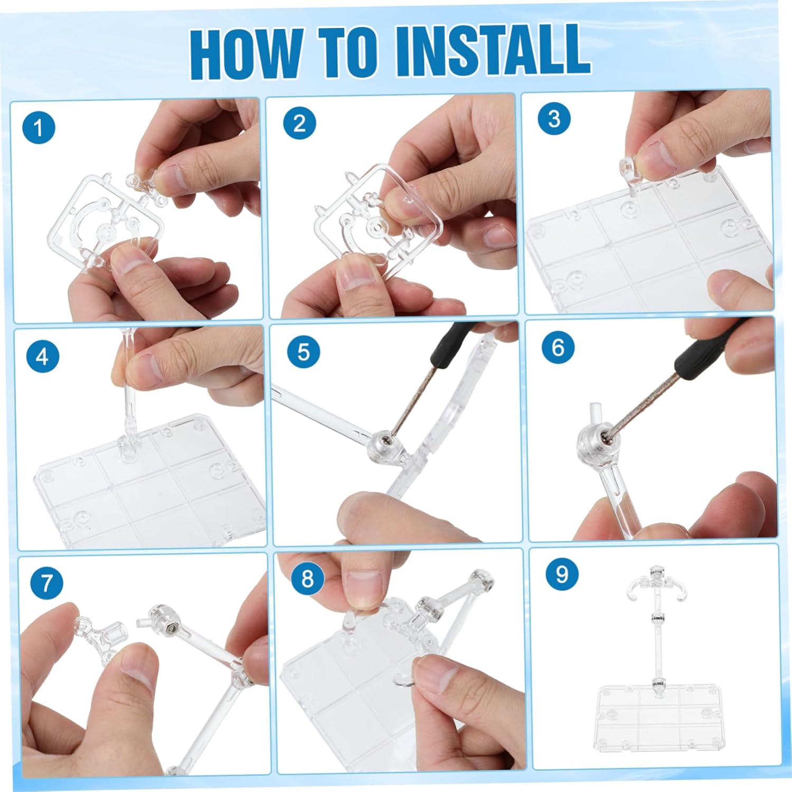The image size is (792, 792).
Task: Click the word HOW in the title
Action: tap(246, 53)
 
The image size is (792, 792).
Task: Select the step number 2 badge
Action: tap(299, 124)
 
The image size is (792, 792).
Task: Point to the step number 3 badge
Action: tap(554, 118)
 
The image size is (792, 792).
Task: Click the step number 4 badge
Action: tap(42, 357)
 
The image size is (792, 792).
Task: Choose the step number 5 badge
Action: tap(303, 352)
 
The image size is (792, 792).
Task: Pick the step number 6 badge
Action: tap(558, 347)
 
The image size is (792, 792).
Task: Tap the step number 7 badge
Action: tap(47, 583)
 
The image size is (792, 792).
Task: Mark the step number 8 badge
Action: tap(307, 579)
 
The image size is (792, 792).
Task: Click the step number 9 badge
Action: tap(562, 574)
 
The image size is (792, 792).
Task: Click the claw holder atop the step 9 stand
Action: tap(656, 584)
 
